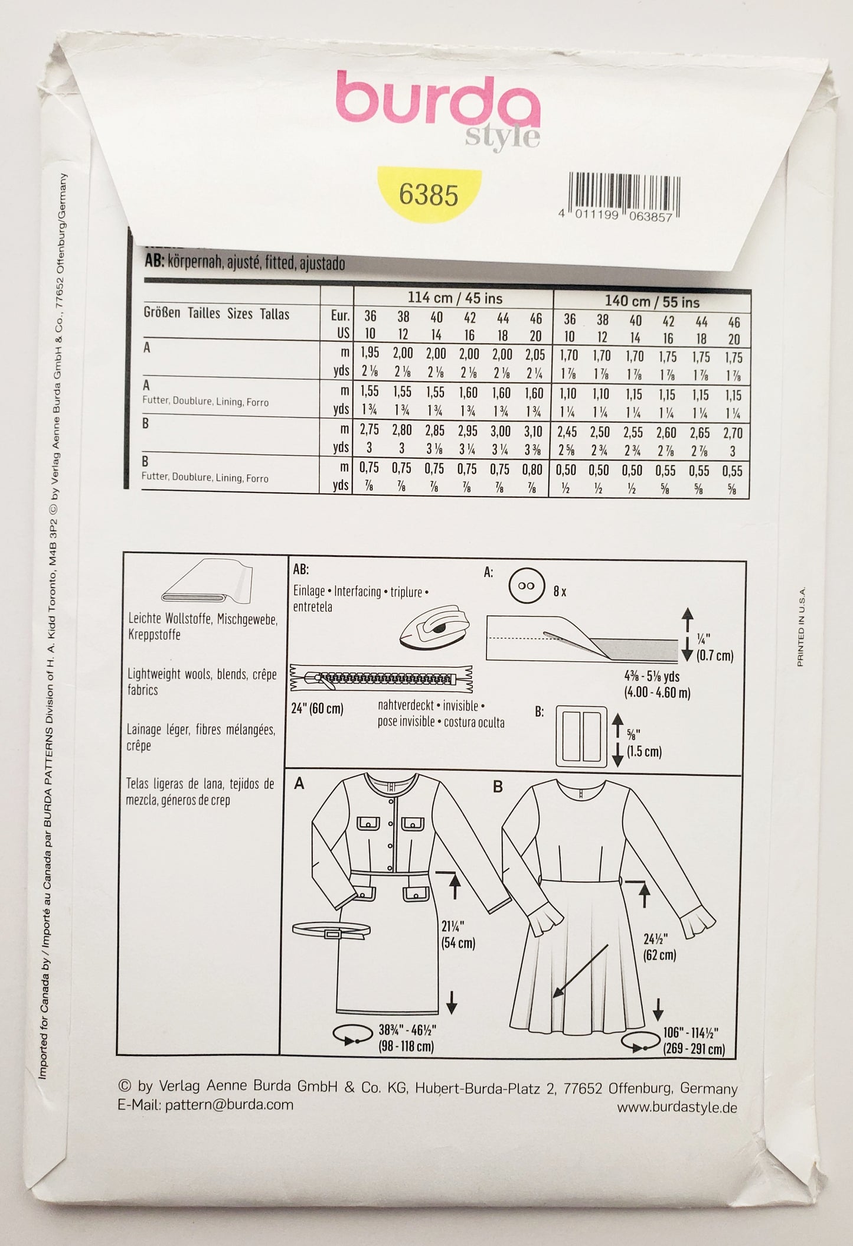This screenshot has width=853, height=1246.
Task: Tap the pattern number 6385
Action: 429,194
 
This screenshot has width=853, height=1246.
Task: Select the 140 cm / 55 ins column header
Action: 652,302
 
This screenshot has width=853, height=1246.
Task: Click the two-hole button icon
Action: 527,586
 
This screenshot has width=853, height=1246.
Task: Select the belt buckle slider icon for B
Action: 581,735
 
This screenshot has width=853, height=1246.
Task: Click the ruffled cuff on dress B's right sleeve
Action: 699,927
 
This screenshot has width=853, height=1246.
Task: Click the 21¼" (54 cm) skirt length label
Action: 458,936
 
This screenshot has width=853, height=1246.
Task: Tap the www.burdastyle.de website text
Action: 677,1108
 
